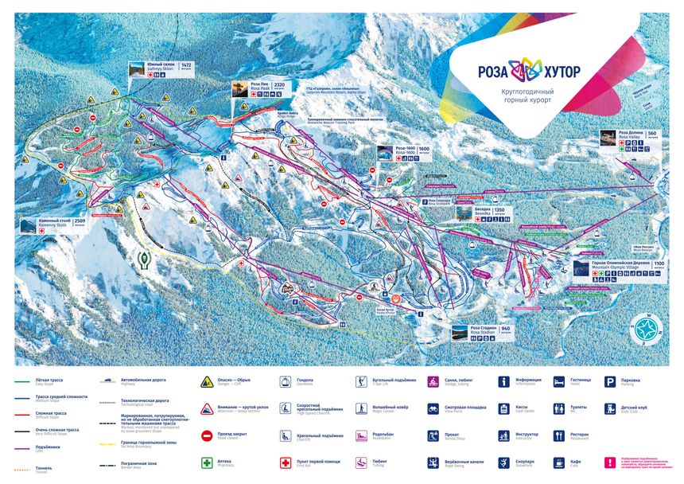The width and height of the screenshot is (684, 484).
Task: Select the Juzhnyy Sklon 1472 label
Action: [x=169, y=69]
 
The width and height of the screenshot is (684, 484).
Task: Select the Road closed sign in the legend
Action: [x=207, y=435]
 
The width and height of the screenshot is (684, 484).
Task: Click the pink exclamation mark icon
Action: [x=610, y=461]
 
